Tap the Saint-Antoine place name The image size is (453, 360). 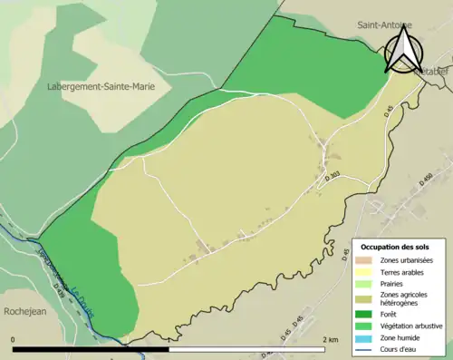[x=383, y=25]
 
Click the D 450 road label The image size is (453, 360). [x=426, y=180]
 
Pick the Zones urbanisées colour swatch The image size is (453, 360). [x=368, y=261]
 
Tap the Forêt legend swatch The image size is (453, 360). [x=368, y=316]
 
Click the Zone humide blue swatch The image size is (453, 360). [x=368, y=337]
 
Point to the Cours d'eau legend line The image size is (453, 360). [x=368, y=348]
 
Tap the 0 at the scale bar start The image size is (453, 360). [x=14, y=339]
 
